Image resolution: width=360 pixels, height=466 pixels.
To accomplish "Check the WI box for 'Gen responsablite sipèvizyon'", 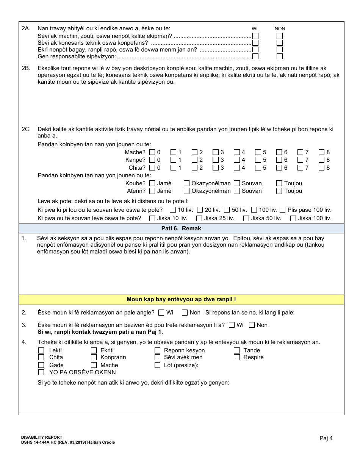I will tap(255, 56).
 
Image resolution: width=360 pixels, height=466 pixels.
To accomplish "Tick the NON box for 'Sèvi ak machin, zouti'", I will tap(280, 36).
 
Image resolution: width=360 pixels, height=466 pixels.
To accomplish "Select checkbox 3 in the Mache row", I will tap(216, 152).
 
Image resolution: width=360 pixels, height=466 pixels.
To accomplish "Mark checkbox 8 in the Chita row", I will tap(321, 168).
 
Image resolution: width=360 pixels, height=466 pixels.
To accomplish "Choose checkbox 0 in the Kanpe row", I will tap(152, 160).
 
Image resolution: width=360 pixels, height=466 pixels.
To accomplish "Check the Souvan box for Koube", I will tap(237, 183).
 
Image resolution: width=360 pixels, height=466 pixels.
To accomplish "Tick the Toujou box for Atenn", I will tap(279, 191).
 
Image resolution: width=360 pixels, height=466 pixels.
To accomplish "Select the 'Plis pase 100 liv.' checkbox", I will tap(283, 210).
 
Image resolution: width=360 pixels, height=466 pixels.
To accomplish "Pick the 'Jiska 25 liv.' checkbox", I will tap(199, 218).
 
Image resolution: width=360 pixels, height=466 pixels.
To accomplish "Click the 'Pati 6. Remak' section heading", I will tap(181, 228).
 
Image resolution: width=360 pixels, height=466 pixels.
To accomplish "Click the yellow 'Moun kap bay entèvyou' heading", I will tap(181, 300).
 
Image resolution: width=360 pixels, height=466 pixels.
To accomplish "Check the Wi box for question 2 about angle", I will tap(161, 313).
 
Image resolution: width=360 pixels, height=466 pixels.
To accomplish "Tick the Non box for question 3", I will tap(251, 325).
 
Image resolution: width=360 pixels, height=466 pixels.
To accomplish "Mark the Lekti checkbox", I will tap(41, 350).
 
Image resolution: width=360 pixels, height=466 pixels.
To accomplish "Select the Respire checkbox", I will tap(237, 357).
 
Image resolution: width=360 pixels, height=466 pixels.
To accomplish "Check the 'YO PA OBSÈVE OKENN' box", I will tap(41, 372).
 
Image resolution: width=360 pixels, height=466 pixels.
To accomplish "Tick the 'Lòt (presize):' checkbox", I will tap(158, 365).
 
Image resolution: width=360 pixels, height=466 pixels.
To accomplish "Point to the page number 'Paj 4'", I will tap(326, 438).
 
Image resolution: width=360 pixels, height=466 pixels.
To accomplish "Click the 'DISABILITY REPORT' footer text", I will tap(42, 437).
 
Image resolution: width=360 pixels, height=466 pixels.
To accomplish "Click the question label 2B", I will tap(26, 69).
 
